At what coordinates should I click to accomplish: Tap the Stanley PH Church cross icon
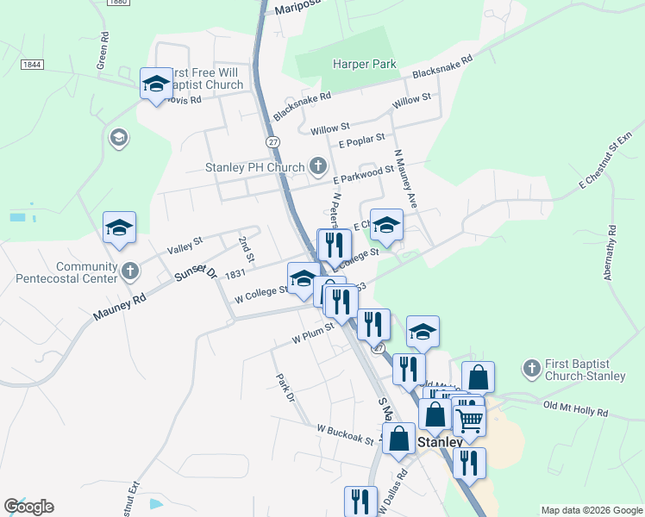coord(318,166)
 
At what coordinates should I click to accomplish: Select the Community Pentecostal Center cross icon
coord(129,271)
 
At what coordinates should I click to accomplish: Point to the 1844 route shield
coord(32,65)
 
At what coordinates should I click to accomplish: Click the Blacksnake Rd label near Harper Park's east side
coord(443,67)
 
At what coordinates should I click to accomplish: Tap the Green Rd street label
coord(103,51)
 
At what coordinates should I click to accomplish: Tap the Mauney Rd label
coord(122,308)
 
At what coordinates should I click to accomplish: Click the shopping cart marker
coord(469,420)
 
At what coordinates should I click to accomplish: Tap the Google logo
coord(28,507)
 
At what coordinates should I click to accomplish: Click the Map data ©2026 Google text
coord(591,510)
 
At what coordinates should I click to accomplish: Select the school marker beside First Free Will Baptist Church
coord(156,84)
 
